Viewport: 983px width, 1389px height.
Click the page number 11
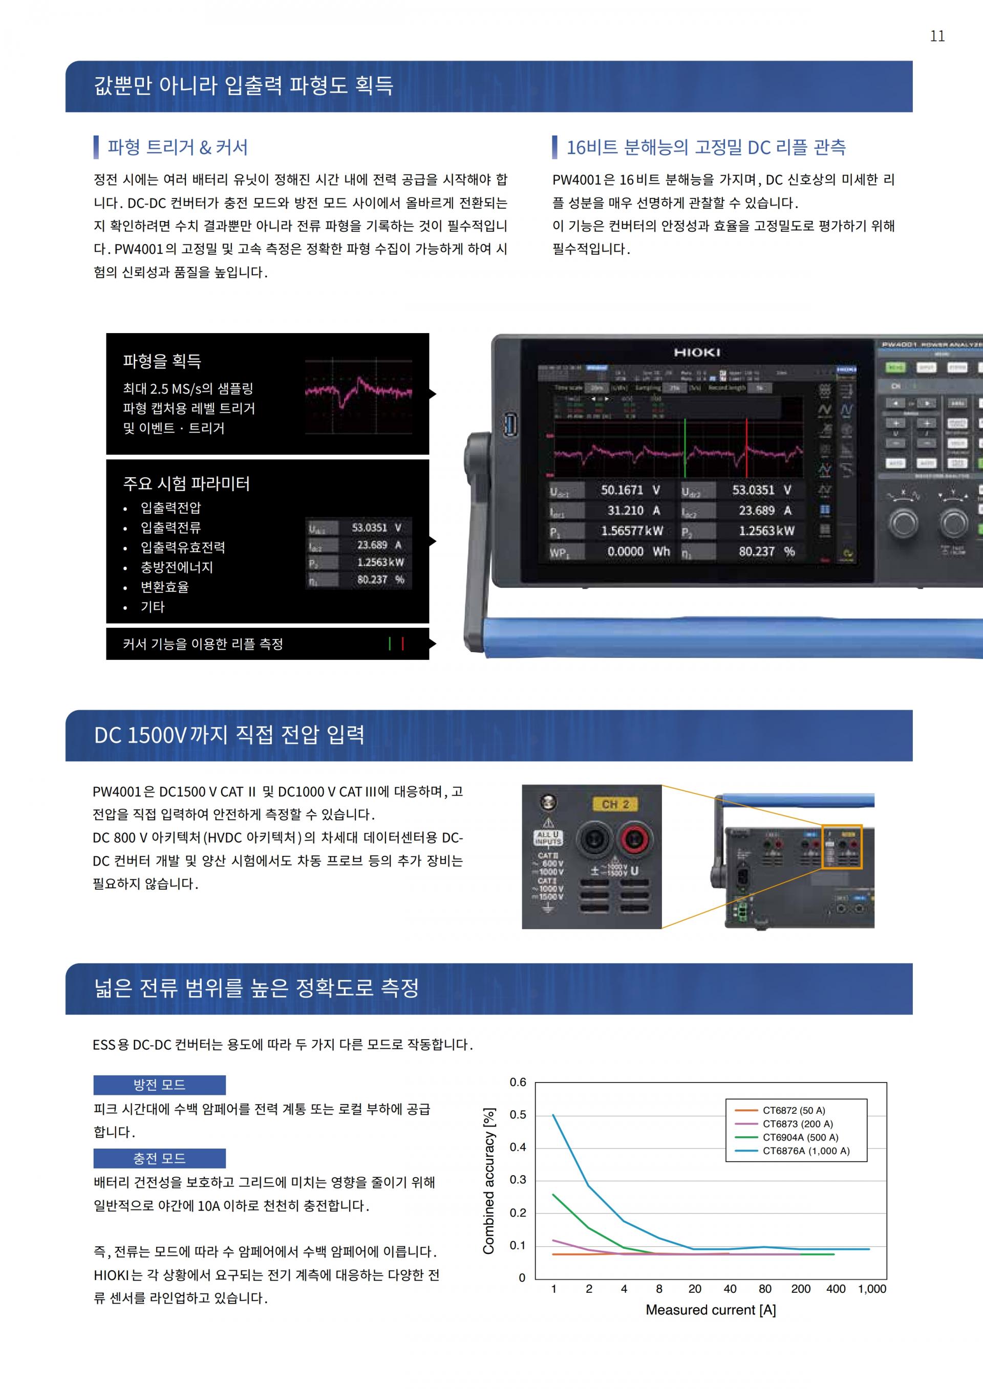(x=937, y=36)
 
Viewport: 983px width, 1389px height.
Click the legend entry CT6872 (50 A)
(x=793, y=1110)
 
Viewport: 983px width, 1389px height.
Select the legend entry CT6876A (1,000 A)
(x=805, y=1151)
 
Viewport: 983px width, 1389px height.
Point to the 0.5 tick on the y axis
(x=518, y=1115)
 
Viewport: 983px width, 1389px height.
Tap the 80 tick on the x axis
(x=765, y=1289)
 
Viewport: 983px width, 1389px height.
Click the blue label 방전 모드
(x=159, y=1085)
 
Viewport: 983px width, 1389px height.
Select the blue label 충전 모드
(x=159, y=1158)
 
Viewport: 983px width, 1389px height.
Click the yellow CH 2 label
(x=615, y=804)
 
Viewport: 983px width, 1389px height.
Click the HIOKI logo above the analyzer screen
(x=697, y=352)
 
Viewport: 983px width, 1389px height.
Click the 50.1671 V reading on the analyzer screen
(x=630, y=490)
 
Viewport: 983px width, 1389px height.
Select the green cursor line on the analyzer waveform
(x=685, y=448)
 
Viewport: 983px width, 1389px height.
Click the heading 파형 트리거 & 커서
(x=177, y=147)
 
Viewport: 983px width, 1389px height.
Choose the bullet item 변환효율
(x=165, y=587)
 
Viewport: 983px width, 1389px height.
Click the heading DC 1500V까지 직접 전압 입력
(x=229, y=735)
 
